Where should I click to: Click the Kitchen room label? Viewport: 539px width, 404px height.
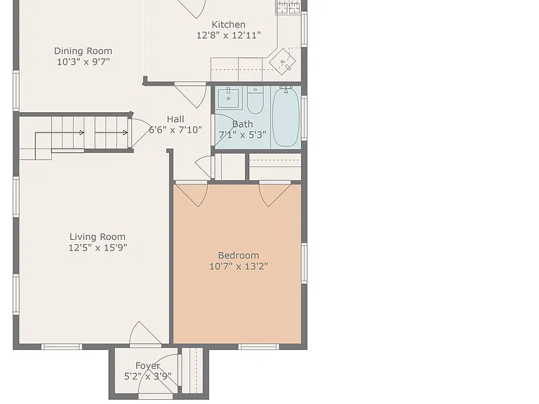pos(229,25)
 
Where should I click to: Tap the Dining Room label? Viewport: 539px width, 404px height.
pos(84,51)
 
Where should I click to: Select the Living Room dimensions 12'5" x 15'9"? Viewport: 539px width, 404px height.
pos(98,248)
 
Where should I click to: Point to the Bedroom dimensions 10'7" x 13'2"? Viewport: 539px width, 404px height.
pos(239,267)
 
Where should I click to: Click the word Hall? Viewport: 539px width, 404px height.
pos(175,119)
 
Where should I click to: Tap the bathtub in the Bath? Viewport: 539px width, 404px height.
pos(286,116)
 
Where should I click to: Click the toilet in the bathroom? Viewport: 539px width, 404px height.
pos(255,100)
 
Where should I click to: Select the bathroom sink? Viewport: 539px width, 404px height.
pos(228,97)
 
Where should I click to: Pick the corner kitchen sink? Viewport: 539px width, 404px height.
pos(282,62)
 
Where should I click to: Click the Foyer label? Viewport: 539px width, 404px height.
pos(148,366)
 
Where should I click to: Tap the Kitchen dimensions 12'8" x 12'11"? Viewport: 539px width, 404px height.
pos(229,35)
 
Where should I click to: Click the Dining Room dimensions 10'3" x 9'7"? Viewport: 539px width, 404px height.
pos(84,62)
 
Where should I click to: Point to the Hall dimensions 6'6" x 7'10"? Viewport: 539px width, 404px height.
pos(175,130)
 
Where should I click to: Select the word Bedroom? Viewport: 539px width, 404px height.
pos(239,255)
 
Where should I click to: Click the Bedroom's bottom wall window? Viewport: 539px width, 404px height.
pos(259,346)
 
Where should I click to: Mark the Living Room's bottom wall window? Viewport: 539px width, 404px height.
pos(62,346)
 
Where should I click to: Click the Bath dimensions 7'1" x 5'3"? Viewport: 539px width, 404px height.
pos(243,135)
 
